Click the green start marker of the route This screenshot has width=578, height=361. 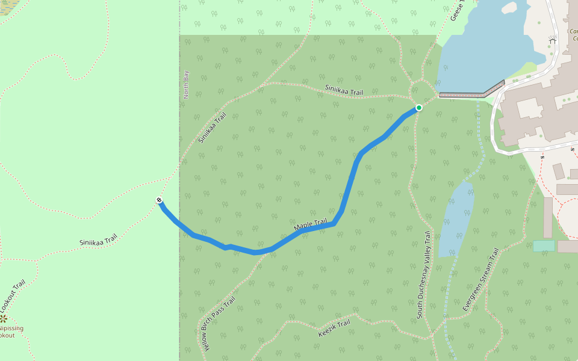(418, 108)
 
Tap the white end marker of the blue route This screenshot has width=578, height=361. (160, 200)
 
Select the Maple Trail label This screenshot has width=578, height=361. (310, 225)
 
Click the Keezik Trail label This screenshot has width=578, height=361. (334, 329)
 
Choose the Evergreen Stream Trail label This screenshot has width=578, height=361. (481, 280)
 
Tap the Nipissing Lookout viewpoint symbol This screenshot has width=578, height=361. (4, 318)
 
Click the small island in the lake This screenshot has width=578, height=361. (509, 8)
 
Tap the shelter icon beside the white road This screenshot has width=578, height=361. (552, 40)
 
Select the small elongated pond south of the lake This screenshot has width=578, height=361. (456, 220)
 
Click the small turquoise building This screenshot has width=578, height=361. (544, 245)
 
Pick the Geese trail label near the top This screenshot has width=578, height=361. (455, 11)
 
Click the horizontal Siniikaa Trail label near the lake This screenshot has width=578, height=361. (344, 90)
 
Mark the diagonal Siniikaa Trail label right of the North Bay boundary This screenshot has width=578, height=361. (212, 128)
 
